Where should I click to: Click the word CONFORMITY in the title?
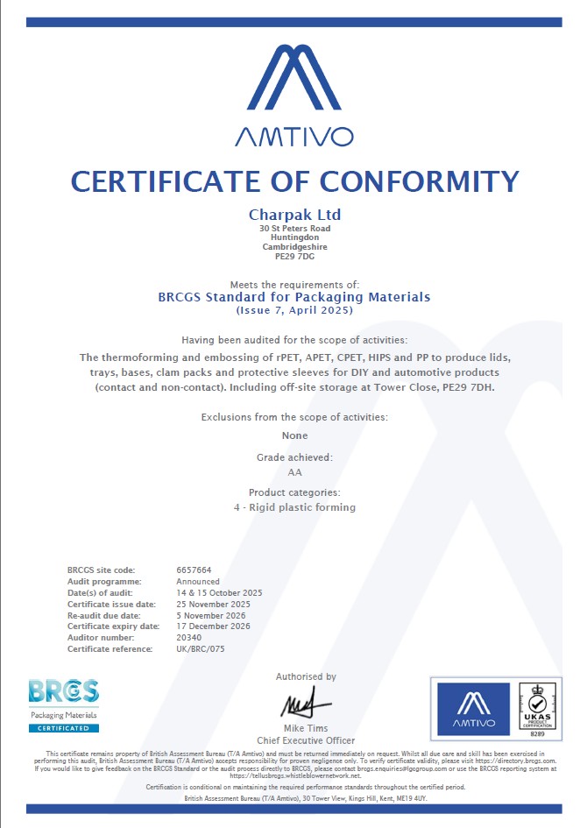point(419,181)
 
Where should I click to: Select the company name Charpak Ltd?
point(294,215)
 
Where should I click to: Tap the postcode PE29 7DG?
point(294,257)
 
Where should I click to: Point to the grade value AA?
point(294,472)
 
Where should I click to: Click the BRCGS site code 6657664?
point(194,570)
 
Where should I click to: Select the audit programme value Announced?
point(198,582)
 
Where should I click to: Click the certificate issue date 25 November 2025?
point(214,605)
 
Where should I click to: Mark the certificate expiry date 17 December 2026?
point(214,626)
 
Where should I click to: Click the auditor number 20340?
point(189,638)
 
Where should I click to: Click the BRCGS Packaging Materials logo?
point(64,704)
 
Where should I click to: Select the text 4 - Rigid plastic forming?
point(294,507)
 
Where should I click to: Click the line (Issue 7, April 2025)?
point(294,311)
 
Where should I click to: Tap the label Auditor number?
point(100,638)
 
